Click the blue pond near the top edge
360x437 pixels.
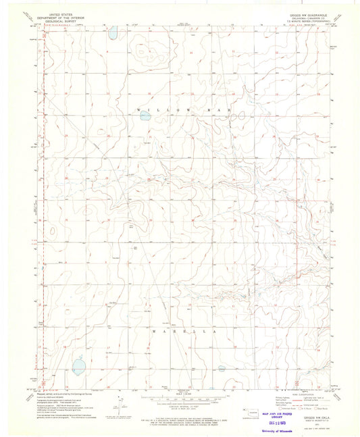(113, 31)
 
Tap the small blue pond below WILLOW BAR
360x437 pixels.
(145, 115)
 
